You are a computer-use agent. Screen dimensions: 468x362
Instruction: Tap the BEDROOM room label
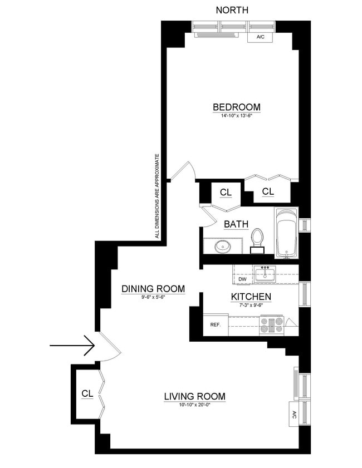(x=236, y=107)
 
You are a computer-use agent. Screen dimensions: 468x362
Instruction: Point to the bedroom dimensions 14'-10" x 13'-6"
(x=236, y=116)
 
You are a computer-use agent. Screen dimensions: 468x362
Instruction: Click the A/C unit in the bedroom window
(x=261, y=37)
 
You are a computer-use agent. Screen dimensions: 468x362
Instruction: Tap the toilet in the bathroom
(x=257, y=239)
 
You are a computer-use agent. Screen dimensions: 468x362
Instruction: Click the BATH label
(x=236, y=224)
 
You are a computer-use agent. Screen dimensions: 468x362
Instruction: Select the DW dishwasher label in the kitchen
(x=242, y=279)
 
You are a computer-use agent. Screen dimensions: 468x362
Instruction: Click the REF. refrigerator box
(x=216, y=325)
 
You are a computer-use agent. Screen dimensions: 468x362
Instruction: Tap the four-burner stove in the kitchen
(x=272, y=325)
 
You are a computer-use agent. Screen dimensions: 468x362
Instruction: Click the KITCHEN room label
(x=251, y=297)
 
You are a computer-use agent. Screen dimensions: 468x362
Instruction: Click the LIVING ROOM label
(x=194, y=396)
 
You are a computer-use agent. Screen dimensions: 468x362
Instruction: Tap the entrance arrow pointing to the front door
(x=72, y=346)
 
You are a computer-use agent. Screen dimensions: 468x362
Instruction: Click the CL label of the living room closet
(x=87, y=393)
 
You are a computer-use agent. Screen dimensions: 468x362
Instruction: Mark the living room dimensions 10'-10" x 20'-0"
(x=194, y=405)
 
